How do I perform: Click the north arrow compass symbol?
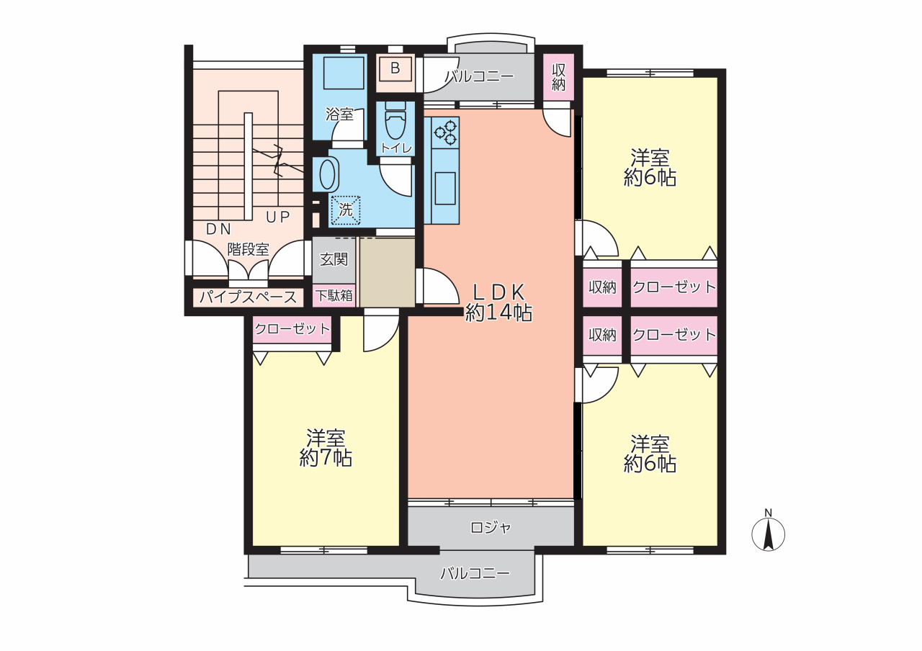pyautogui.click(x=768, y=534)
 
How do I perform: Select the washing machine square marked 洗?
pyautogui.click(x=346, y=210)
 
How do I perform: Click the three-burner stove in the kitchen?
pyautogui.click(x=445, y=133)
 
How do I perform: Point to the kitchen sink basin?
pyautogui.click(x=445, y=189)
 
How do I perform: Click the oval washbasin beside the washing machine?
pyautogui.click(x=327, y=174)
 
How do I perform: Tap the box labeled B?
pyautogui.click(x=395, y=68)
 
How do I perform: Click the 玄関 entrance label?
pyautogui.click(x=334, y=260)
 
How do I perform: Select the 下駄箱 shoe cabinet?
pyautogui.click(x=334, y=295)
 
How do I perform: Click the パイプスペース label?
pyautogui.click(x=249, y=297)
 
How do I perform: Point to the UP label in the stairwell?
pyautogui.click(x=278, y=217)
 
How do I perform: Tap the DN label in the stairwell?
pyautogui.click(x=218, y=229)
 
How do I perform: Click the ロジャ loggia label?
pyautogui.click(x=491, y=528)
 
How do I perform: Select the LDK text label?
pyautogui.click(x=498, y=292)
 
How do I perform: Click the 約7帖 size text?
pyautogui.click(x=326, y=457)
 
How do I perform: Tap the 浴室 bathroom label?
pyautogui.click(x=339, y=114)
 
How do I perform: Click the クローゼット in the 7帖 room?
pyautogui.click(x=292, y=330)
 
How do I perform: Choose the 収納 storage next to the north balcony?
pyautogui.click(x=558, y=77)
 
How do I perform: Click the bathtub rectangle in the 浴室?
pyautogui.click(x=344, y=73)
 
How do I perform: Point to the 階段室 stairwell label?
pyautogui.click(x=249, y=249)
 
